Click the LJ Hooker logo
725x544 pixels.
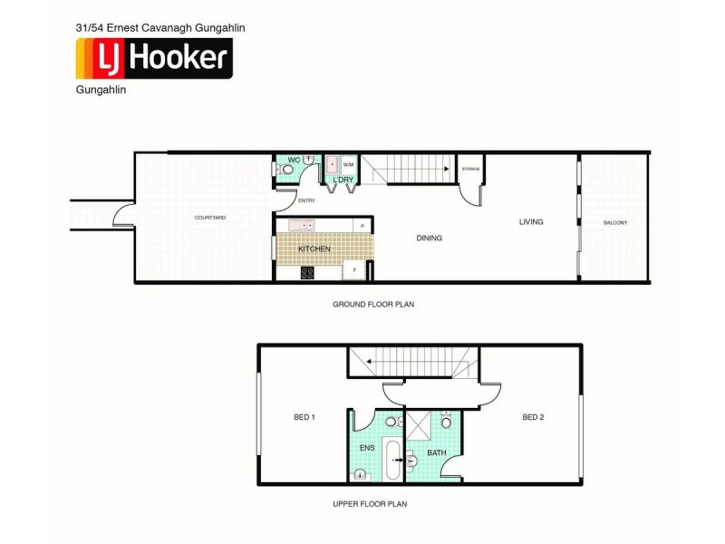[154, 59]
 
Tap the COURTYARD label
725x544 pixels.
[209, 219]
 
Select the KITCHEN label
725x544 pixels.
[314, 248]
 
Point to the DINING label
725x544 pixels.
[429, 238]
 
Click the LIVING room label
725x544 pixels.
[531, 222]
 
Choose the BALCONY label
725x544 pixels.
[615, 223]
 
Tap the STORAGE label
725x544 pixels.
[470, 170]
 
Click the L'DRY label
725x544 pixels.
[343, 180]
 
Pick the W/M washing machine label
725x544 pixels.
[348, 166]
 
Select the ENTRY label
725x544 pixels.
[306, 201]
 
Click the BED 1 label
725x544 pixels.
[304, 417]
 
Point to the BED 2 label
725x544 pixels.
[533, 417]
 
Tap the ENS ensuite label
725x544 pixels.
[367, 448]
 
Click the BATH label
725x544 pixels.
[437, 452]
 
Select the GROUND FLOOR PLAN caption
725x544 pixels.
[373, 305]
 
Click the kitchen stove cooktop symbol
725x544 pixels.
[307, 271]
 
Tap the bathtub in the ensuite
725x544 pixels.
[392, 460]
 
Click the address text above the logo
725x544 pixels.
[160, 27]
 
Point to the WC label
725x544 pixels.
[294, 160]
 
